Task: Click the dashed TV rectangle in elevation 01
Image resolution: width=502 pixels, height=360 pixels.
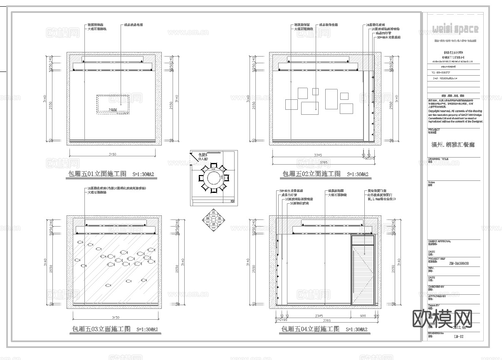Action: [x=113, y=104]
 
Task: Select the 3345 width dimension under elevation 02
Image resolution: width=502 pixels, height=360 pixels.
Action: [x=318, y=155]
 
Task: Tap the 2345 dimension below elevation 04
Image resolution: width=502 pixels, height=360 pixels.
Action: [x=319, y=316]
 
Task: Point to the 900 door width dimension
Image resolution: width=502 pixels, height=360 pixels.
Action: [x=363, y=316]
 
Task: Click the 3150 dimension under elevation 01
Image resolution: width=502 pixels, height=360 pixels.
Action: [x=112, y=155]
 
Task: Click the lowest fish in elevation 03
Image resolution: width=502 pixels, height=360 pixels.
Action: [x=109, y=285]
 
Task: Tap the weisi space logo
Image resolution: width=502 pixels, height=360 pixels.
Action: [x=455, y=29]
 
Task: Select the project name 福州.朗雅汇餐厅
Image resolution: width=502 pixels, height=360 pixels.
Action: [x=453, y=145]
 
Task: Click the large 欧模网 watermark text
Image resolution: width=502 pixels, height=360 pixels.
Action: [x=442, y=318]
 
